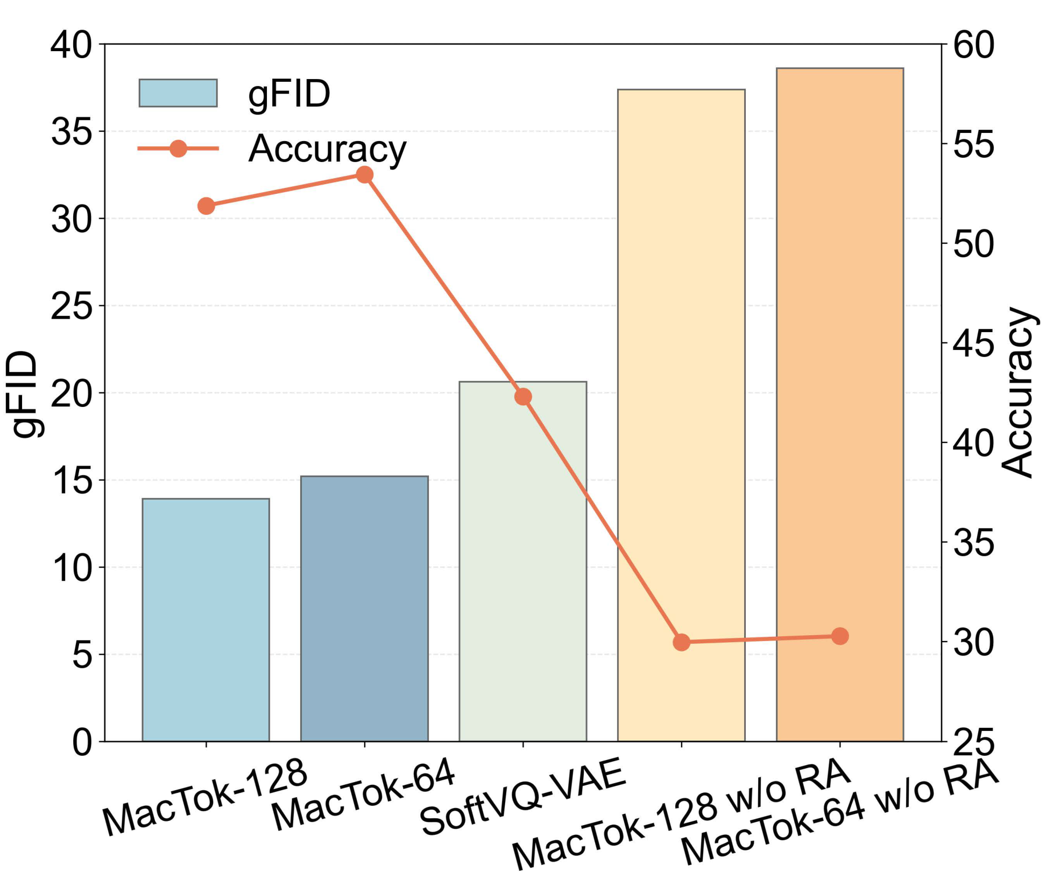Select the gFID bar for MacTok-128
point(206,619)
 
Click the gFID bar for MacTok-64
point(364,608)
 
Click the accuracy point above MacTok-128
point(206,206)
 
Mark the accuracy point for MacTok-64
point(365,174)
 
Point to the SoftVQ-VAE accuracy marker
point(523,397)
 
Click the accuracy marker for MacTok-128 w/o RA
point(682,642)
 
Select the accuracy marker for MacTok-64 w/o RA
point(840,636)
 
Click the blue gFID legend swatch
point(178,93)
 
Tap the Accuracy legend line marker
point(178,148)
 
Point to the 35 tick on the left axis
point(71,131)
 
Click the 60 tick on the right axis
point(973,45)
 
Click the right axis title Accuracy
point(1019,393)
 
